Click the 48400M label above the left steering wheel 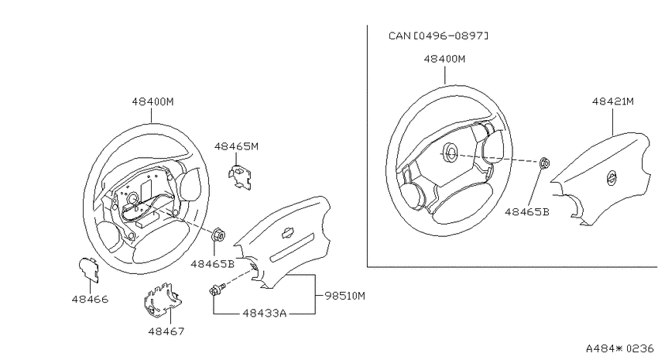pos(153,101)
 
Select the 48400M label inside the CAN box pos(444,59)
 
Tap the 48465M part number pos(236,146)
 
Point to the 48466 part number pos(90,299)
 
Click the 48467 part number pos(166,331)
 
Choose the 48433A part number pos(265,313)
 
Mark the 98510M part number pos(345,296)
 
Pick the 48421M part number pos(612,101)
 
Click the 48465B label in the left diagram pos(212,264)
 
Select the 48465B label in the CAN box pos(526,212)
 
